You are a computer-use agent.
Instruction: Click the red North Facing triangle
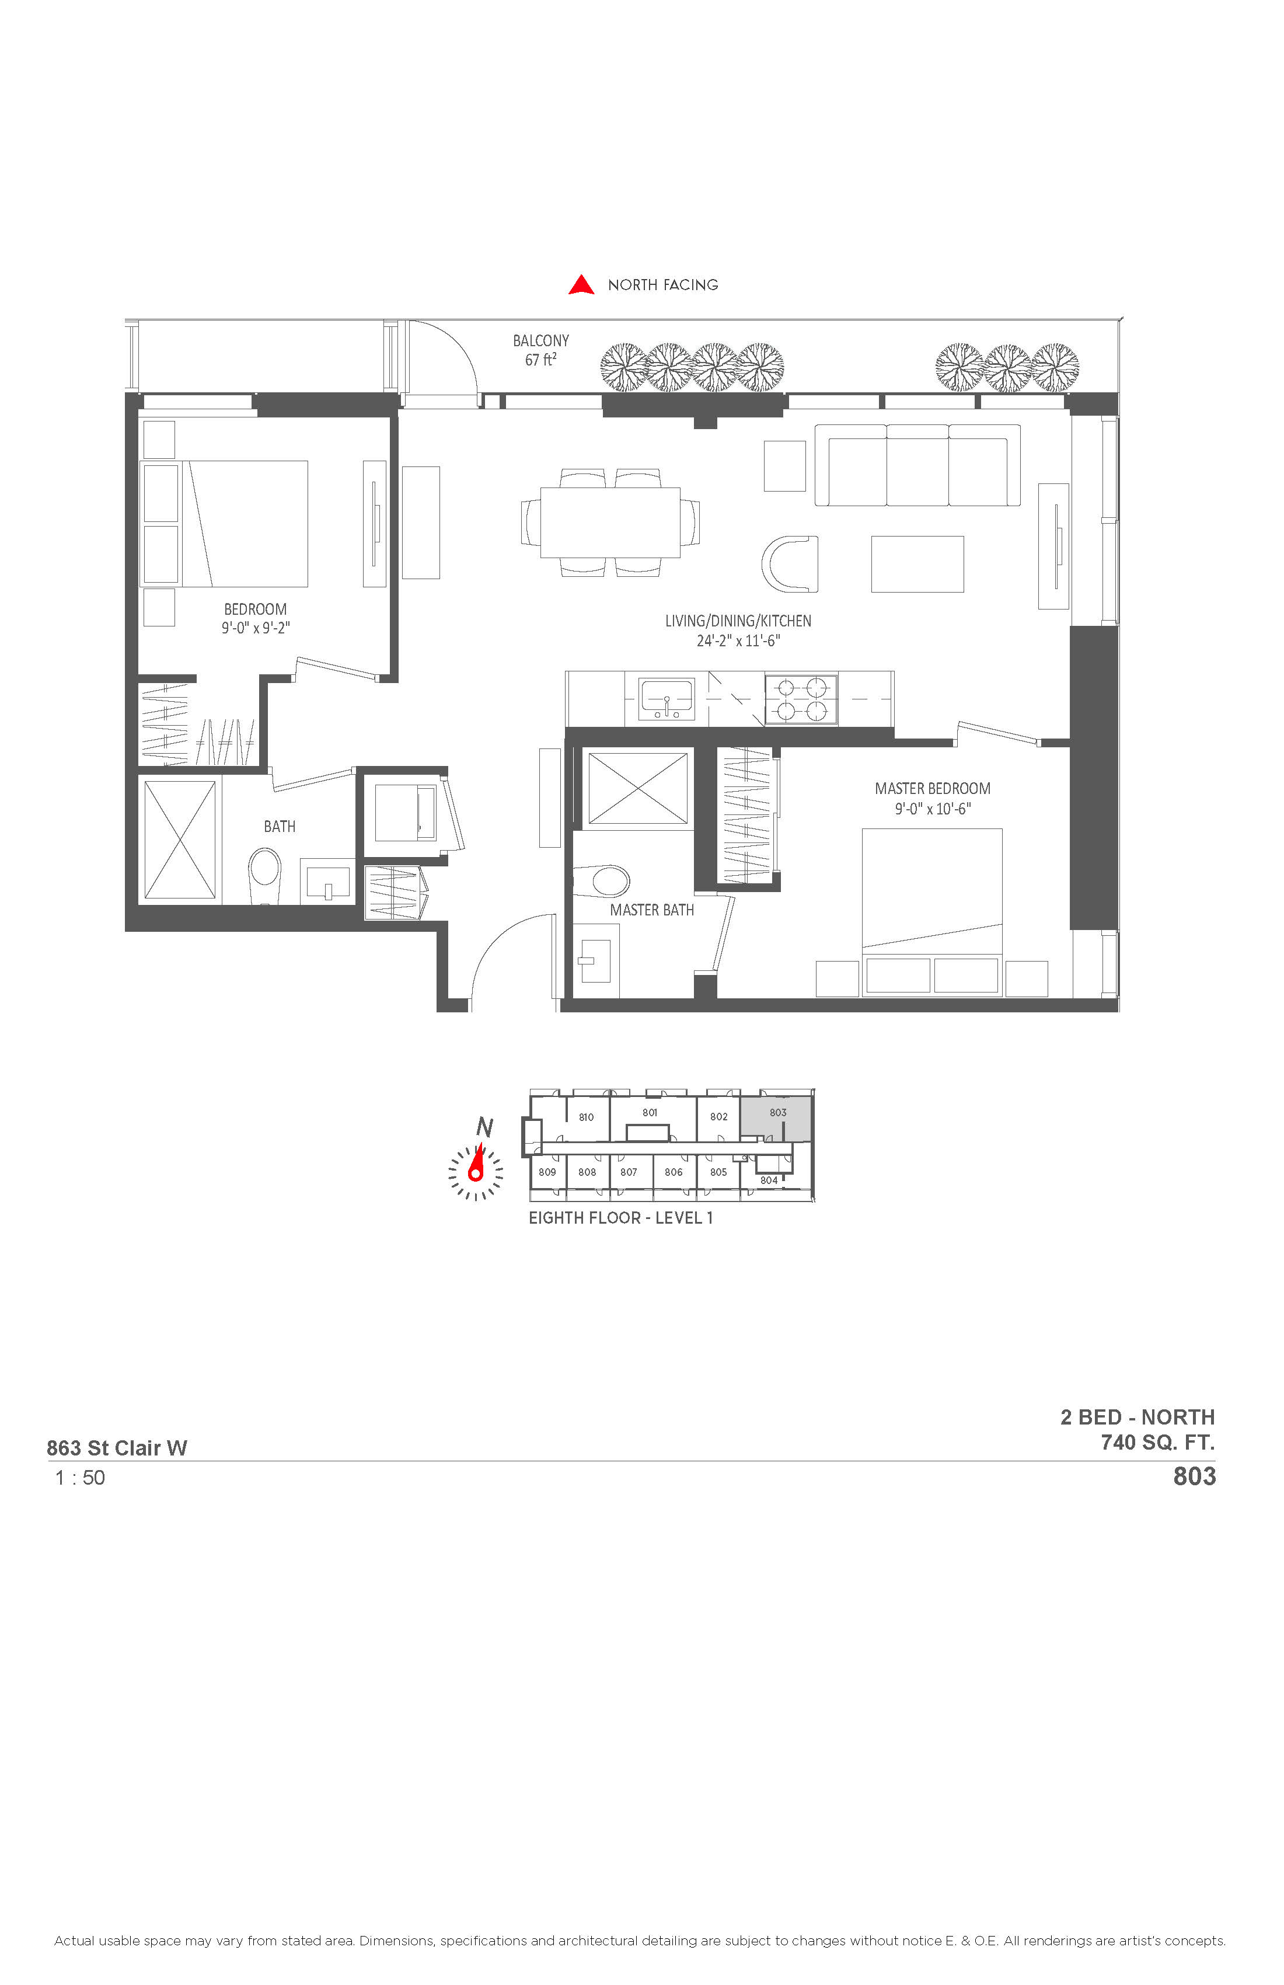581,285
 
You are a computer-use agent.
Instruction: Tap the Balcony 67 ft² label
541,350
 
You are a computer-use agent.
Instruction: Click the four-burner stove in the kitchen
800,699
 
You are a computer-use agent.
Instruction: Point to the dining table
610,522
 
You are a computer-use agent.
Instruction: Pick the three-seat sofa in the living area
917,465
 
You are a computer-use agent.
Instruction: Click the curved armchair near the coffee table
790,565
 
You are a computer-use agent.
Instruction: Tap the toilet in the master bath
601,881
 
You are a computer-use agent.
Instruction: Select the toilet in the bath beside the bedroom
265,876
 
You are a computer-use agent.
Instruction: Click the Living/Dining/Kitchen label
738,621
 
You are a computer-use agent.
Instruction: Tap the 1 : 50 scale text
80,1478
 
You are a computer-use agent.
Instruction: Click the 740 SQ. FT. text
1157,1442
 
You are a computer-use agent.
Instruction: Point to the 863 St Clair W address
117,1448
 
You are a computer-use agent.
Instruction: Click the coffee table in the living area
917,565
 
